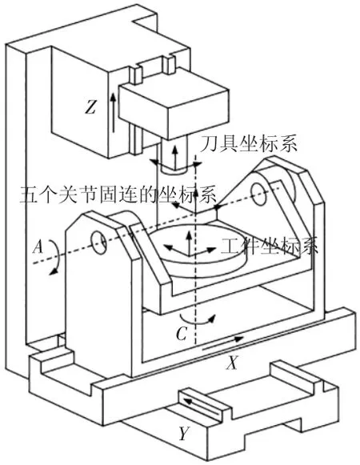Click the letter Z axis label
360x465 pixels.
(x=90, y=106)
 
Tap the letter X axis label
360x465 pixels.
(x=232, y=362)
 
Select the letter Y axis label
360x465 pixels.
(x=184, y=434)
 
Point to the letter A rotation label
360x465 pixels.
(x=38, y=247)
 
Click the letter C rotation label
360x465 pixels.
(x=182, y=334)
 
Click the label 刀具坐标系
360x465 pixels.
(x=248, y=144)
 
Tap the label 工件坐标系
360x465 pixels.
(x=270, y=246)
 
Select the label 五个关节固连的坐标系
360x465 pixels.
(x=118, y=194)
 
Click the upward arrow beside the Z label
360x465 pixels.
(x=113, y=112)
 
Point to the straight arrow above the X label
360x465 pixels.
(x=222, y=343)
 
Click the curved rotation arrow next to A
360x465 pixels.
(x=56, y=257)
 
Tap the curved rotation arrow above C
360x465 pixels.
(x=198, y=320)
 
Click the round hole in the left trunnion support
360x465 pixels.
(x=98, y=243)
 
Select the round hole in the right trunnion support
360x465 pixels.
(x=259, y=194)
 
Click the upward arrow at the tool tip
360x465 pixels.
(x=175, y=157)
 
